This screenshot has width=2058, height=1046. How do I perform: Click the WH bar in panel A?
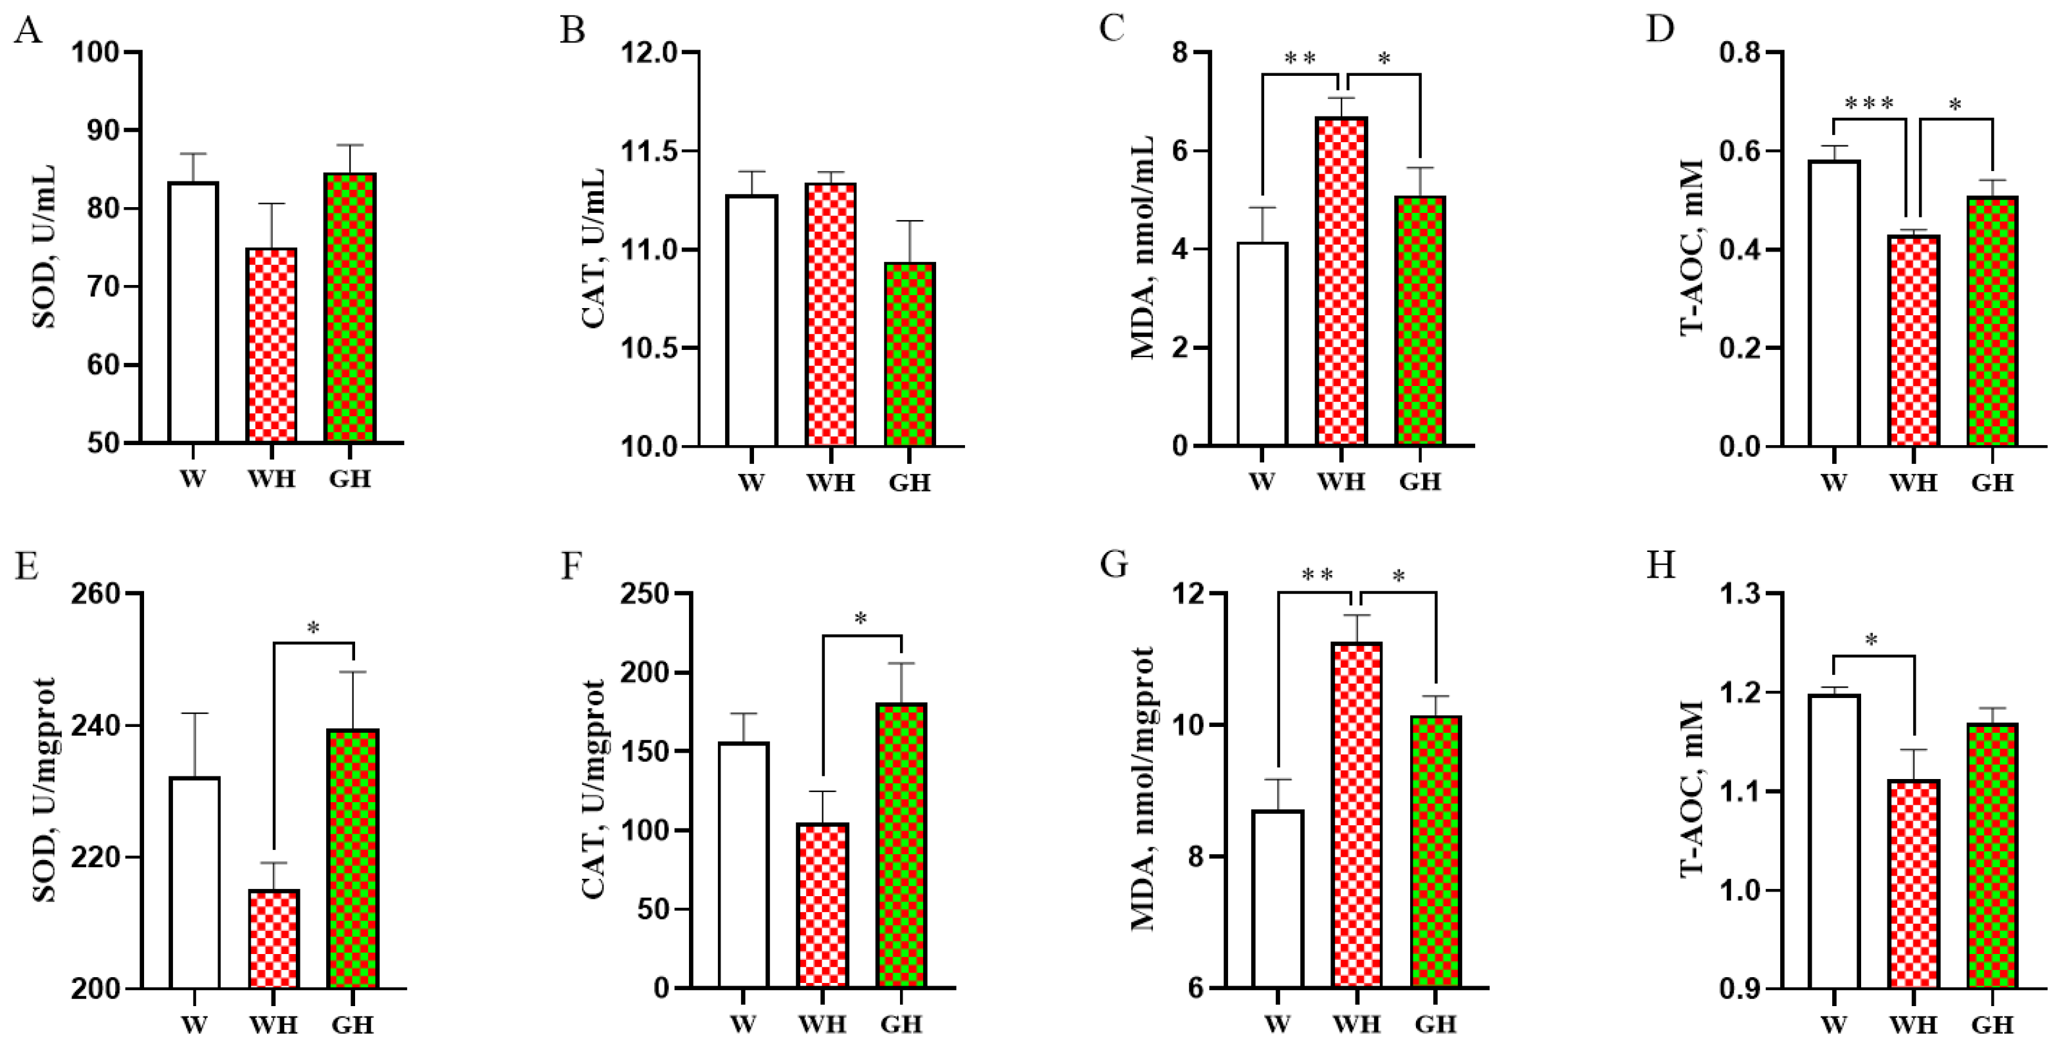272,345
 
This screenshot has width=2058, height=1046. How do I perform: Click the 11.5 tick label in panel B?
648,151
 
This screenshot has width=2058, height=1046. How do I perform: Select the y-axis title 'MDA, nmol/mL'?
1143,248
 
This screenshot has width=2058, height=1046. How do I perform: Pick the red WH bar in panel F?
823,905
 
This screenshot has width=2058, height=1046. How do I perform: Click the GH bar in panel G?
1436,852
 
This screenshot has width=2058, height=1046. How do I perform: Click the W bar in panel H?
1834,841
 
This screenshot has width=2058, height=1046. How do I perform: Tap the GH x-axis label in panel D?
1992,482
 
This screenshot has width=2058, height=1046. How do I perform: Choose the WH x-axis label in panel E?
273,1024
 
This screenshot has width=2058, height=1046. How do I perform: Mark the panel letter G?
1114,565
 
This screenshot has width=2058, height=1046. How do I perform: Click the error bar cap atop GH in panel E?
353,672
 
